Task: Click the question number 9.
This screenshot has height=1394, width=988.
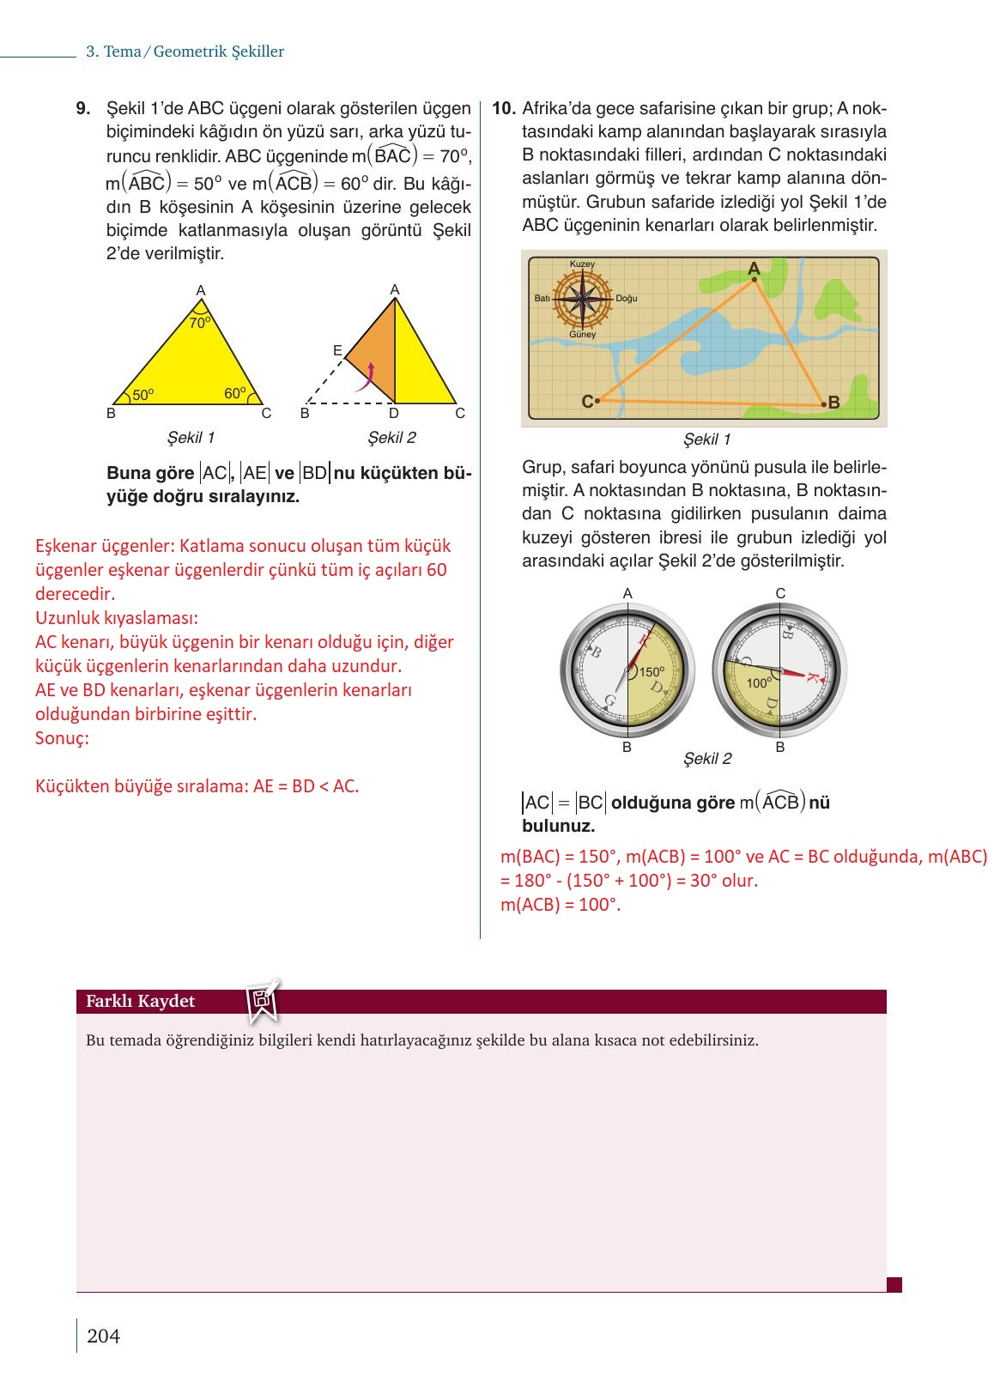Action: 83,109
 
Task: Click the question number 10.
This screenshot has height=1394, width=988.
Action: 503,109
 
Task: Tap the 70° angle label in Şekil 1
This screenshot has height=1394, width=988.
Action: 199,324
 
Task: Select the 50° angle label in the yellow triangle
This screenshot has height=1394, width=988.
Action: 142,396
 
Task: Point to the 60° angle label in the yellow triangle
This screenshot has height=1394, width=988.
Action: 234,394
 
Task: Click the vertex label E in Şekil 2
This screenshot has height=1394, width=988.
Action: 337,350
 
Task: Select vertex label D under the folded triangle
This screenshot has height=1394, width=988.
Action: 394,414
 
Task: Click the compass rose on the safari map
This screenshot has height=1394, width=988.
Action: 583,299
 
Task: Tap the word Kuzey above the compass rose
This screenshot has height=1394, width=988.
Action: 582,264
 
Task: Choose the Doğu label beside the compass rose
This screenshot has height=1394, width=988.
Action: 627,299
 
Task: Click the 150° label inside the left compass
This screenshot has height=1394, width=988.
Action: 652,672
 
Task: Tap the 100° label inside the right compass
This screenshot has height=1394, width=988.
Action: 759,683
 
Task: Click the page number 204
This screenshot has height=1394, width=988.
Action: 103,1336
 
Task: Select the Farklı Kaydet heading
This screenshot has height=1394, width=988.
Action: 140,1001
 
